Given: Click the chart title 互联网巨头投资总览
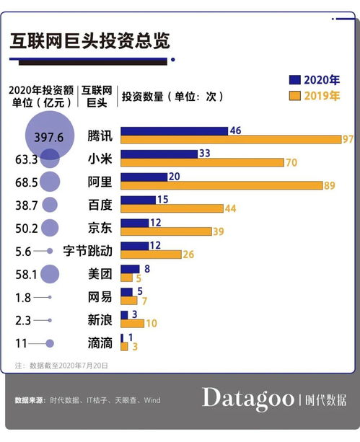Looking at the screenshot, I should tap(90, 41).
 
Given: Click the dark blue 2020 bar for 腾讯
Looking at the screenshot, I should tap(174, 131).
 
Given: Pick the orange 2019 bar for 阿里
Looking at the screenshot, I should tap(221, 185).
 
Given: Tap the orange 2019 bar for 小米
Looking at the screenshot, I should tap(201, 163).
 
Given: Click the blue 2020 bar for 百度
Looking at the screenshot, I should tap(138, 200).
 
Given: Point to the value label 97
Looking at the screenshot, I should tap(348, 138).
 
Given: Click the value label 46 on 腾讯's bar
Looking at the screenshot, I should tap(234, 131).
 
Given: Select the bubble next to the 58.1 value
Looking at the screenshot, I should tap(50, 273).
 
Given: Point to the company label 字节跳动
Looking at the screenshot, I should tap(87, 250).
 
